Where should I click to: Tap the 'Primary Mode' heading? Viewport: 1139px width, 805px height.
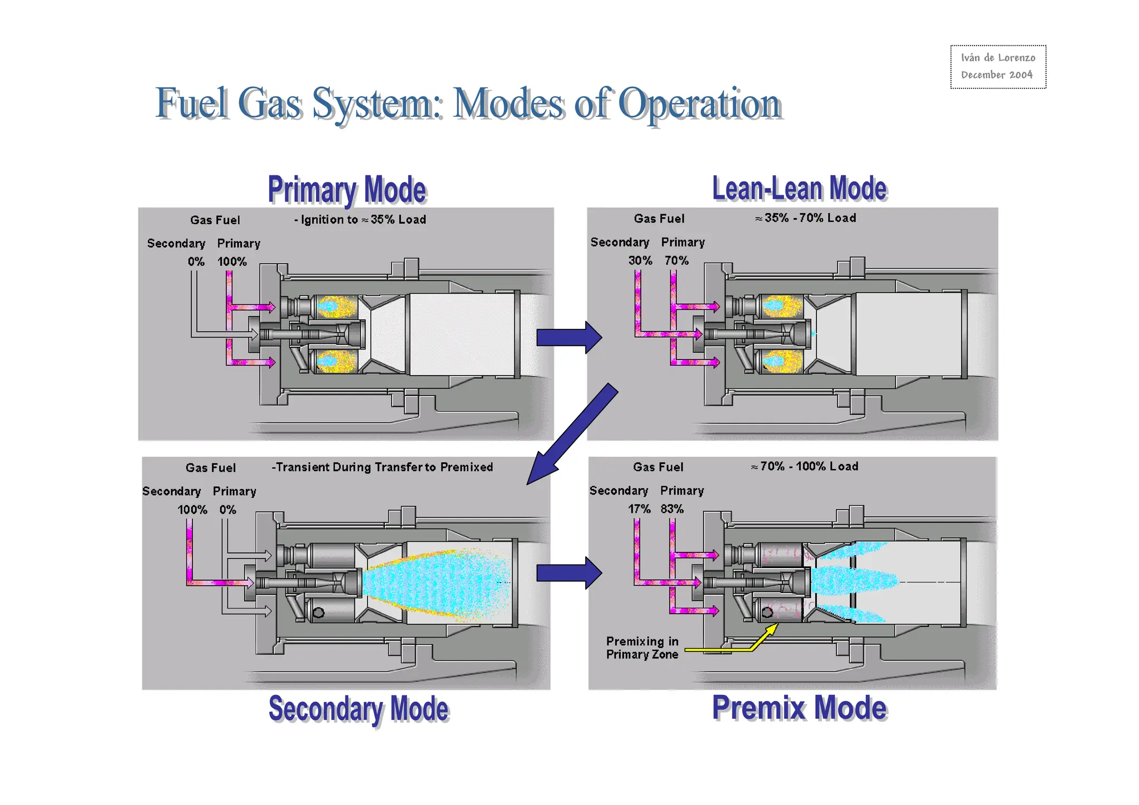pos(347,190)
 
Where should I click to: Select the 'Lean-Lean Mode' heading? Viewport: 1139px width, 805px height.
pos(799,189)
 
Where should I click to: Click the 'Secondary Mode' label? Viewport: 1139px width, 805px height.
pos(359,709)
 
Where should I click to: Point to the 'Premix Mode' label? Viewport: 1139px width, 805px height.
pos(799,708)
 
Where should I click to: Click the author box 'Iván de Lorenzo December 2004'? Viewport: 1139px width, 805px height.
pos(998,66)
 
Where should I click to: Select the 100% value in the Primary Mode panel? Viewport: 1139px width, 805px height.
pos(232,261)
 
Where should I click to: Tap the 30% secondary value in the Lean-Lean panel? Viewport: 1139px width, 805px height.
pos(640,260)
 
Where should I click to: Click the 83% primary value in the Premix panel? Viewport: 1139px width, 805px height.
pos(672,509)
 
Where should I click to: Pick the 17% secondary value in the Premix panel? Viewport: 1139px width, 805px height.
pos(639,509)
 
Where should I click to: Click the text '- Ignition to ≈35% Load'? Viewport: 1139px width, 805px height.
pos(360,220)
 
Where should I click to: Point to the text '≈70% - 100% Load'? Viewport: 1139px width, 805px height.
pos(804,467)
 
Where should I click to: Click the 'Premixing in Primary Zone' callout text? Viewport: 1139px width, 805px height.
pos(642,648)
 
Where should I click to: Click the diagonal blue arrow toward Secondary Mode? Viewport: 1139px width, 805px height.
pos(573,434)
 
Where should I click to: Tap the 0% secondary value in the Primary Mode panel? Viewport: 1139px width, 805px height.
pos(196,261)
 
